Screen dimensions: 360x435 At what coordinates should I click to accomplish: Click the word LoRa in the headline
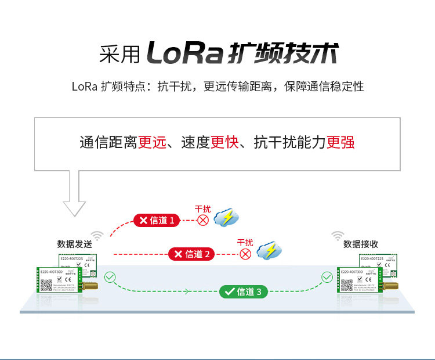184,53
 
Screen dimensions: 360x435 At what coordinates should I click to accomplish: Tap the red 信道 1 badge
157,221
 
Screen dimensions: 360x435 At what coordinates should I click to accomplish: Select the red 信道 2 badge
192,254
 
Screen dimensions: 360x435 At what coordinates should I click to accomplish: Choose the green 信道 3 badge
244,292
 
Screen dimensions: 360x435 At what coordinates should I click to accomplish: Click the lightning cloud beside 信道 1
226,218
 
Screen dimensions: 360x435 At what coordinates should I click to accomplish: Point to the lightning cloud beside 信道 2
269,251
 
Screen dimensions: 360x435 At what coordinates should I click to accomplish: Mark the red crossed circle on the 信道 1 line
203,220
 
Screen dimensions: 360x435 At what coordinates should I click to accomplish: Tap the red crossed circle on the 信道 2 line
245,254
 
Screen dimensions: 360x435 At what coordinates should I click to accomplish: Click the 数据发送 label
74,244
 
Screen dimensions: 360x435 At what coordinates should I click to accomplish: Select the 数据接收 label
361,244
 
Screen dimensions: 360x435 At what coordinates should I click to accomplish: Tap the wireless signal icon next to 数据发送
97,235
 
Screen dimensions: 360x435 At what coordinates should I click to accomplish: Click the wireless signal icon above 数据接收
338,235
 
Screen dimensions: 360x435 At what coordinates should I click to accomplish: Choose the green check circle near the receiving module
327,278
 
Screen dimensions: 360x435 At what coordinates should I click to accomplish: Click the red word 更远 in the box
152,142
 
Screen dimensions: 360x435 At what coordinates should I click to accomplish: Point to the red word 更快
224,142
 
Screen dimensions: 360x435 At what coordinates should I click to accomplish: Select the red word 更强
340,142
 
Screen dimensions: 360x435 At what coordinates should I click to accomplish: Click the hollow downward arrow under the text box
74,195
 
